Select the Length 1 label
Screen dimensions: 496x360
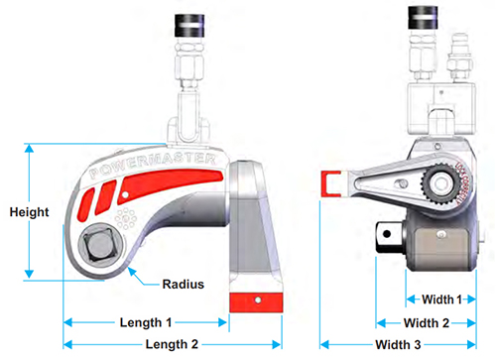(146, 323)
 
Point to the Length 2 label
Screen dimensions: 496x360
(172, 344)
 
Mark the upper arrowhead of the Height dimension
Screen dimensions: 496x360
(30, 149)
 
